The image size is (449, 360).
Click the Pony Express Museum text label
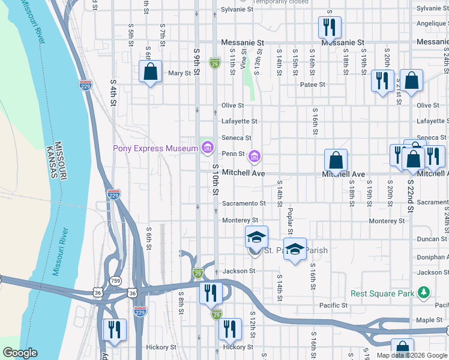pyautogui.click(x=155, y=148)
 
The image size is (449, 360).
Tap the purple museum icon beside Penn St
pyautogui.click(x=255, y=157)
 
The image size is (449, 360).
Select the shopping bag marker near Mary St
pyautogui.click(x=151, y=73)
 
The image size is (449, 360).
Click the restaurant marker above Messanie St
pyautogui.click(x=330, y=27)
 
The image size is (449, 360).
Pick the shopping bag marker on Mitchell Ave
pyautogui.click(x=336, y=160)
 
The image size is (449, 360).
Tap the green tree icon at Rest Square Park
pyautogui.click(x=424, y=292)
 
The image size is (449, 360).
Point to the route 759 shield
pyautogui.click(x=115, y=280)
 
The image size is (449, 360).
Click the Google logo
pyautogui.click(x=20, y=353)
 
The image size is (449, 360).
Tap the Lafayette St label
pyautogui.click(x=239, y=121)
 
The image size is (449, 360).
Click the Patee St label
pyautogui.click(x=313, y=85)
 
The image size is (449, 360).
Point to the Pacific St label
pyautogui.click(x=333, y=305)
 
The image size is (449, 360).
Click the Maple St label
pyautogui.click(x=429, y=320)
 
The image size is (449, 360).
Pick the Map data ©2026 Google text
pyautogui.click(x=412, y=355)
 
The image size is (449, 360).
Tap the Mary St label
pyautogui.click(x=179, y=73)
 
